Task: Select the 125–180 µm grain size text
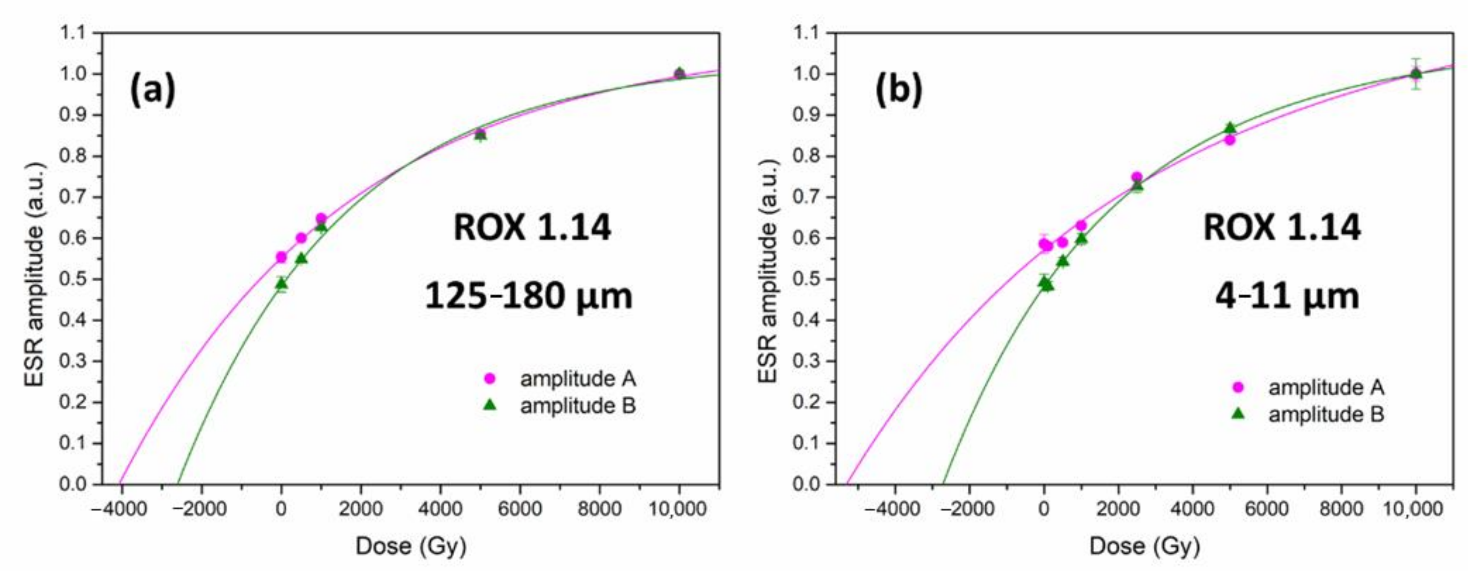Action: [529, 296]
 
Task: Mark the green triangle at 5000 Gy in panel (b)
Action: [1230, 128]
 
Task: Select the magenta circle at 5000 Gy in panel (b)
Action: [1230, 140]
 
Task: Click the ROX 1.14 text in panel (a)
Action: [532, 228]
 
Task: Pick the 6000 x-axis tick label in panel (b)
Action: [1267, 508]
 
